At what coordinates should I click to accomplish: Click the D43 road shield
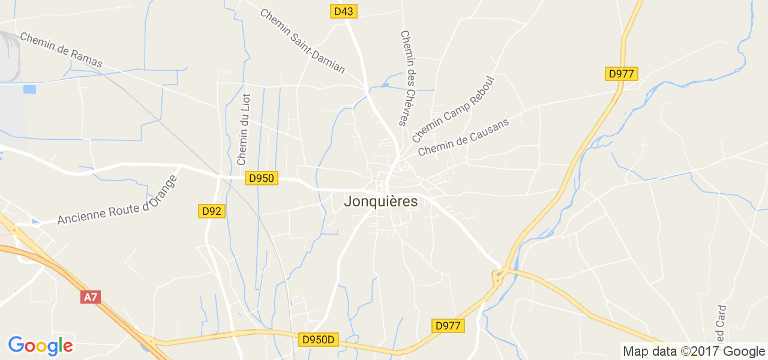click(344, 11)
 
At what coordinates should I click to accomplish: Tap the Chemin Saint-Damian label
click(302, 41)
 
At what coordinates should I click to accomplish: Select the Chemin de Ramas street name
click(61, 50)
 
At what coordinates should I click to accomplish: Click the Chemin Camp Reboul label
click(452, 109)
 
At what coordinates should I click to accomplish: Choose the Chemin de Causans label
click(463, 137)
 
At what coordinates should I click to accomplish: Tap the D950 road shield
click(261, 178)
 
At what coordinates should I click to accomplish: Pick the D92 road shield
click(212, 211)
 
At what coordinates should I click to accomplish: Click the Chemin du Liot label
click(243, 129)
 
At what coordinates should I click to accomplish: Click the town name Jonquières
click(380, 202)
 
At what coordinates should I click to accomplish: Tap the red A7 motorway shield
click(90, 296)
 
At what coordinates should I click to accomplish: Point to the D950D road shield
click(319, 340)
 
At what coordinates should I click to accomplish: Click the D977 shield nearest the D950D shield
click(448, 326)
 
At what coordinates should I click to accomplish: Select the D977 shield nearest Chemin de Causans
click(621, 74)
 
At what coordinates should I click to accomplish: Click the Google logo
click(40, 346)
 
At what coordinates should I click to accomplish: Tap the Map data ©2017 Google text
click(694, 352)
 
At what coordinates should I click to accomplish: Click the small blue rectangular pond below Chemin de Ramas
click(29, 89)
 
